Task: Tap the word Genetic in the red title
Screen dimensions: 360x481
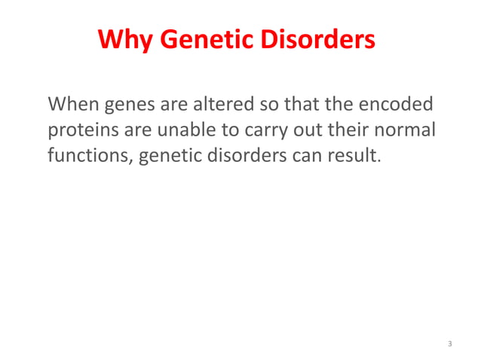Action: pyautogui.click(x=196, y=38)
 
